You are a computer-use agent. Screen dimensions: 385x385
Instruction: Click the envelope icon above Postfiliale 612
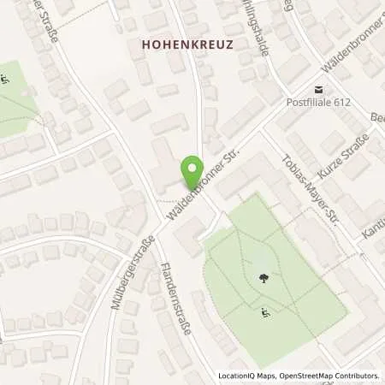point(318,89)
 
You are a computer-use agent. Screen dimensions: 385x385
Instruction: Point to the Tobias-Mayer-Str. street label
point(311,188)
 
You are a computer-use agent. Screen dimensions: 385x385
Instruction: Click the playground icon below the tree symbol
point(262,313)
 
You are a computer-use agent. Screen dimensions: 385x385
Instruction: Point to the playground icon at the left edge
point(6,81)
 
